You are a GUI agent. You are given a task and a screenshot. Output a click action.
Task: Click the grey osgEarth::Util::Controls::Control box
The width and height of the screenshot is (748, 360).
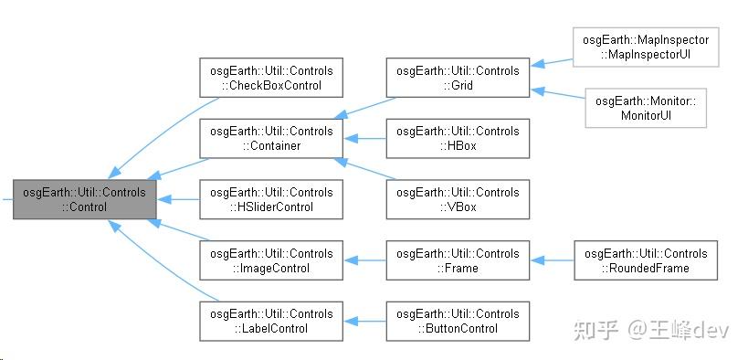pyautogui.click(x=84, y=199)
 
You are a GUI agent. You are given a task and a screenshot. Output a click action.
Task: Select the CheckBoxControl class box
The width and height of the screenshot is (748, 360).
pyautogui.click(x=271, y=78)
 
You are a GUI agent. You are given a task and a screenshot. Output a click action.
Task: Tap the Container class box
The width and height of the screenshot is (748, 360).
pyautogui.click(x=271, y=138)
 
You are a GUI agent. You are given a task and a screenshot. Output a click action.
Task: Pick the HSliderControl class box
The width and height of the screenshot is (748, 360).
pyautogui.click(x=271, y=199)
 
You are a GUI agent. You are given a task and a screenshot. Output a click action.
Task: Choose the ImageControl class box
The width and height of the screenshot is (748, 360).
pyautogui.click(x=271, y=260)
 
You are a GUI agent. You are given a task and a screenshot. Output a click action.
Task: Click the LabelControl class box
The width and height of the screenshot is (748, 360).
pyautogui.click(x=271, y=321)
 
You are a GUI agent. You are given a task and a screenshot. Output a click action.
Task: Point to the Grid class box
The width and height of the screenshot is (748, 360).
pyautogui.click(x=458, y=78)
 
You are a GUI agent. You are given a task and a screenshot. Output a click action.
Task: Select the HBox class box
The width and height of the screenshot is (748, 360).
pyautogui.click(x=458, y=138)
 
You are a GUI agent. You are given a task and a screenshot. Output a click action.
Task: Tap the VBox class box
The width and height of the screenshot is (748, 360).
pyautogui.click(x=458, y=199)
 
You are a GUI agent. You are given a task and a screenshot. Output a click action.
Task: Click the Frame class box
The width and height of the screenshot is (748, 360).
pyautogui.click(x=458, y=260)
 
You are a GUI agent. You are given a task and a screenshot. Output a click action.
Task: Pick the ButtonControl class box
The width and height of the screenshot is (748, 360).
pyautogui.click(x=458, y=321)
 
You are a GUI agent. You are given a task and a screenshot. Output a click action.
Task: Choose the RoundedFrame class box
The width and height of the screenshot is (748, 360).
pyautogui.click(x=645, y=260)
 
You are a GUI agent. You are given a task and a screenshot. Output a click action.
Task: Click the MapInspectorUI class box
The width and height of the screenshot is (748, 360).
pyautogui.click(x=645, y=48)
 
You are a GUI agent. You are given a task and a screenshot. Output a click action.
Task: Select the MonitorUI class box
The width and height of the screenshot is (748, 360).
pyautogui.click(x=645, y=108)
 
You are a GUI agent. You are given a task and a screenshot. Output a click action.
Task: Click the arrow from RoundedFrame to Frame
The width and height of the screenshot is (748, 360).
pyautogui.click(x=552, y=260)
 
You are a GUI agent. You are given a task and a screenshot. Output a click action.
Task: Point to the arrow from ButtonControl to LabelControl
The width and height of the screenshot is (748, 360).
pyautogui.click(x=364, y=321)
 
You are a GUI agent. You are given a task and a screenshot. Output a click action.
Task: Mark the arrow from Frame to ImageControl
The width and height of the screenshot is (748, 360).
pyautogui.click(x=364, y=260)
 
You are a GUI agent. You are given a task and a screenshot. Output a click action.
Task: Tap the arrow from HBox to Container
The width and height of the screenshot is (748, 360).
pyautogui.click(x=364, y=138)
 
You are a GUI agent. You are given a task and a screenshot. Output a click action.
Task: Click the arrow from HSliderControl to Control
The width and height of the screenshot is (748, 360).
pyautogui.click(x=178, y=199)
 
